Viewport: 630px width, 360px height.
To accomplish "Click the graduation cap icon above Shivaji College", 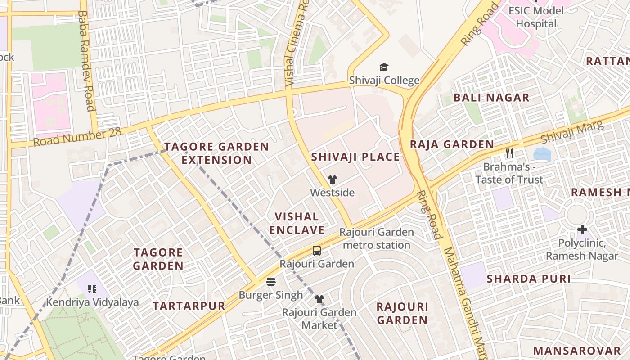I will coord(384,67).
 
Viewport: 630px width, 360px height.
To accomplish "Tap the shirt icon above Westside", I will coord(333,180).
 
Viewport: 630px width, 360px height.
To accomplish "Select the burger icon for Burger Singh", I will coord(271,282).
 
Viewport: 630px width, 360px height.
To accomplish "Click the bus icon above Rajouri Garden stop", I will coord(317,251).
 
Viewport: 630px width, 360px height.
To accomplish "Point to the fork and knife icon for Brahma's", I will coord(509,153).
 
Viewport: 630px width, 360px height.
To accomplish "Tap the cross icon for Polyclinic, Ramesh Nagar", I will coord(582,230).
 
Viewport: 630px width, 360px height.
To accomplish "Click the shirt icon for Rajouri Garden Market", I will coord(319,299).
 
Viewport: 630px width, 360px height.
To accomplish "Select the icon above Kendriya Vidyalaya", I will coord(92,289).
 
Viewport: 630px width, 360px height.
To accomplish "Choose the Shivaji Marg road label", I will coord(572,132).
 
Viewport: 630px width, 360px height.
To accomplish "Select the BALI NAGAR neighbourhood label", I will coord(491,98).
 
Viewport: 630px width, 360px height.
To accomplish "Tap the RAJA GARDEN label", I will coord(452,144).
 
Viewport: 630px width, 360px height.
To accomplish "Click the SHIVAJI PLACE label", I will coord(355,157).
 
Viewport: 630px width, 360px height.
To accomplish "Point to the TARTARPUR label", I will coord(189,306).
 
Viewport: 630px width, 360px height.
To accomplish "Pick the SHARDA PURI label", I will coord(529,279).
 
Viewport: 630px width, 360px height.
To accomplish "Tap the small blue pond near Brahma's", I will coord(542,154).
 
